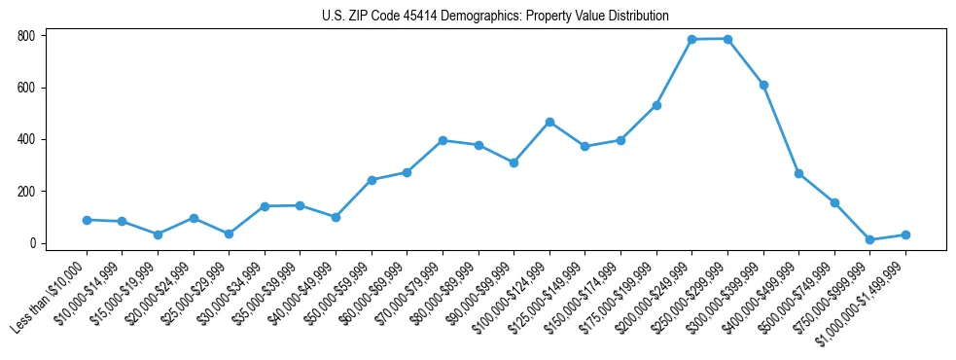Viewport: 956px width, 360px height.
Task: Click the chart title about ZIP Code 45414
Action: click(x=495, y=16)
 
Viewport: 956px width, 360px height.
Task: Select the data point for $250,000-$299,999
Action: click(x=727, y=39)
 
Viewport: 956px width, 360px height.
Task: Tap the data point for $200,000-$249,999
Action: click(x=691, y=40)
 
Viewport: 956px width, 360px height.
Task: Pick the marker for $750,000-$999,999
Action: click(x=870, y=239)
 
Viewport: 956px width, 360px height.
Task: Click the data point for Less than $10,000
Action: click(x=87, y=220)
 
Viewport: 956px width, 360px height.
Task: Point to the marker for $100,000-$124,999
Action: click(x=549, y=122)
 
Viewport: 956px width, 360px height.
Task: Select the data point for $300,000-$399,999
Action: click(x=763, y=85)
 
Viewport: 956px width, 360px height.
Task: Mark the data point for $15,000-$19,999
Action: click(x=158, y=234)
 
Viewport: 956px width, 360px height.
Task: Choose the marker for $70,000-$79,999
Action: click(x=443, y=140)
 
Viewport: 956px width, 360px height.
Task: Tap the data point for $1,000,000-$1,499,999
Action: click(x=905, y=234)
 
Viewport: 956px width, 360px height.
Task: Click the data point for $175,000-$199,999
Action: click(x=656, y=105)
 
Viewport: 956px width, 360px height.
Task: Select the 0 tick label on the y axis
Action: click(x=33, y=243)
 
